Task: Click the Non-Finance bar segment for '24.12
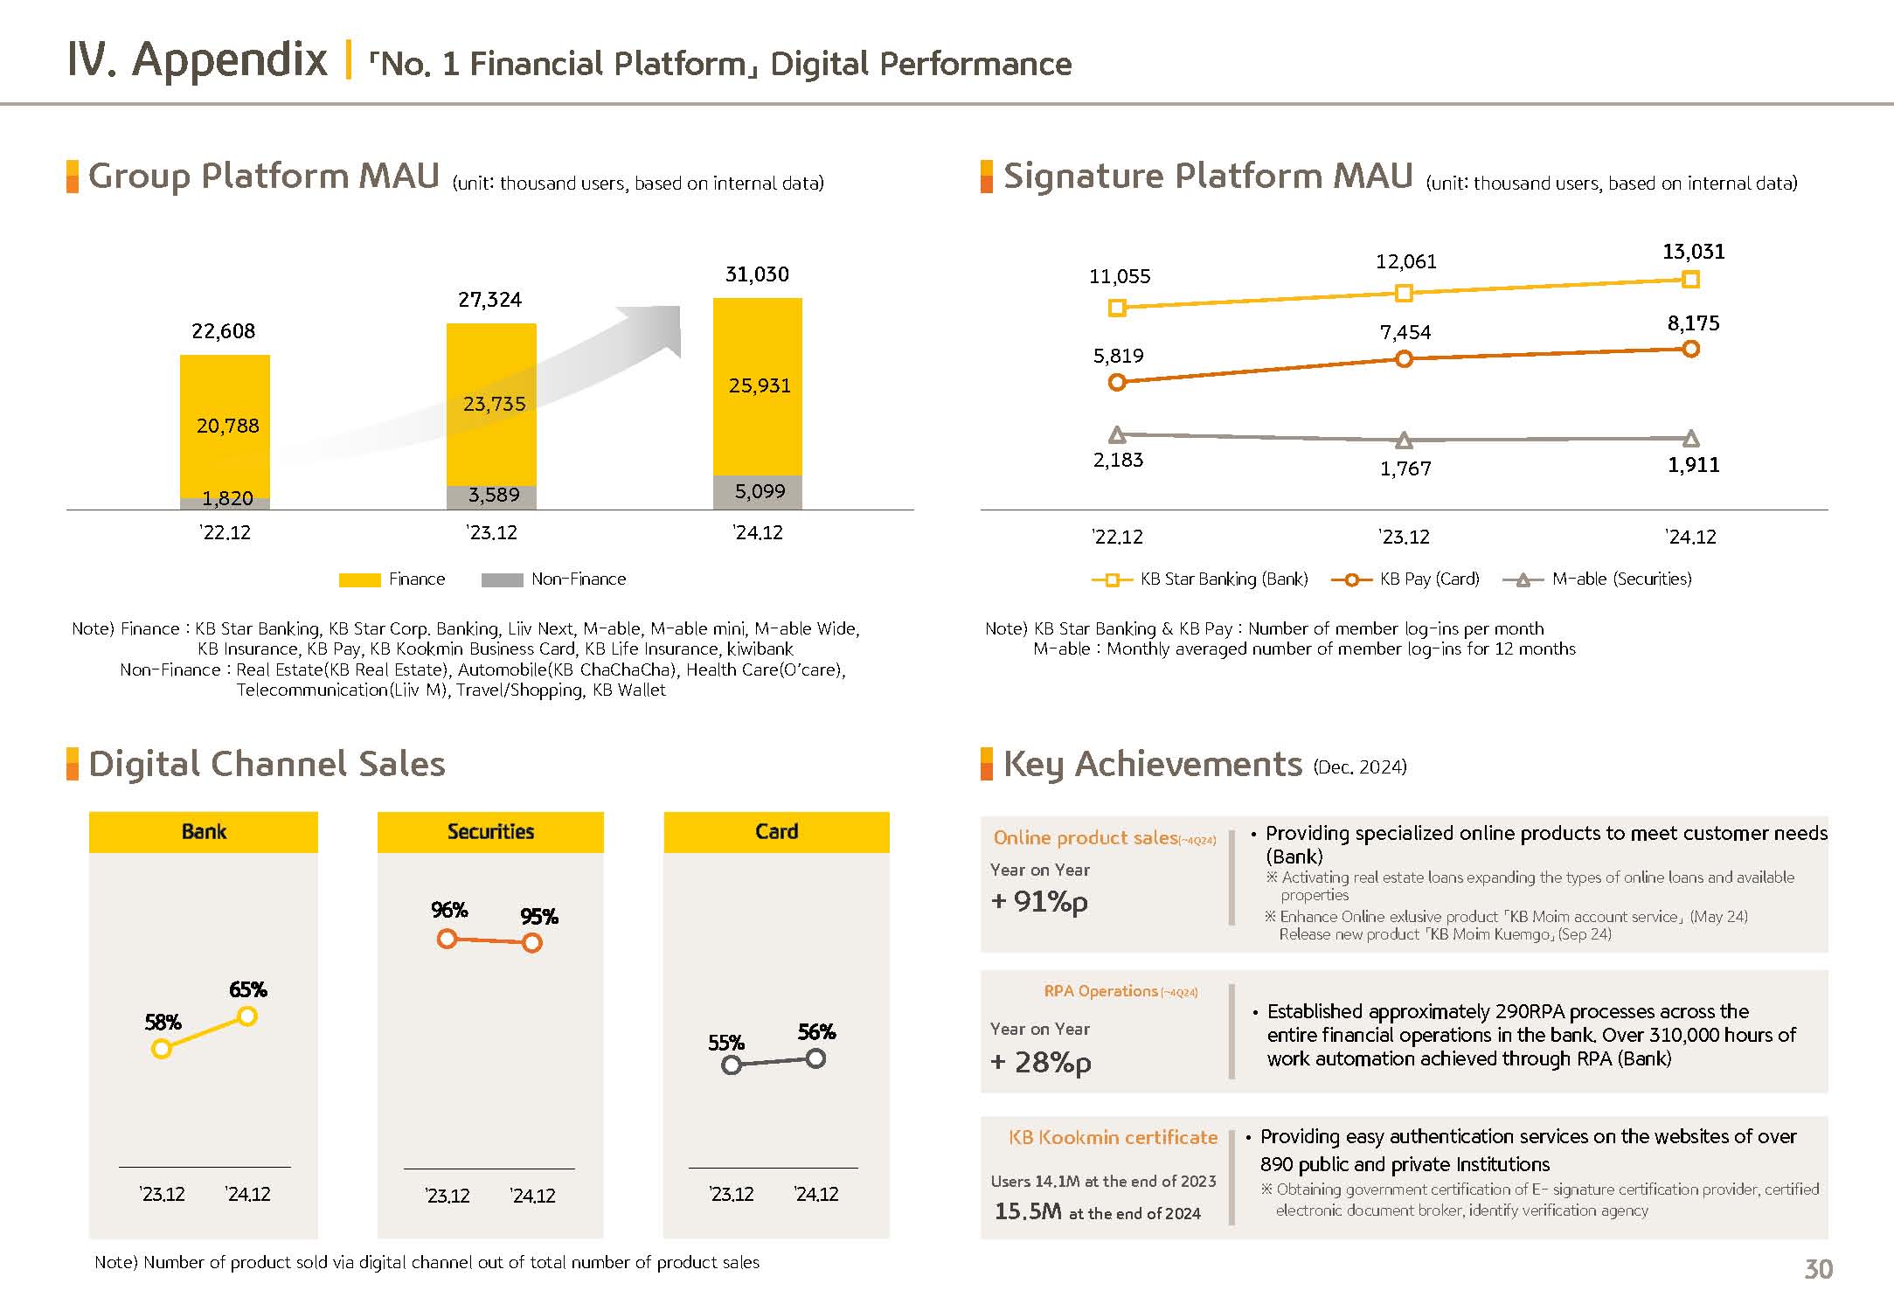[757, 492]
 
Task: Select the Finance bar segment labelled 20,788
[225, 426]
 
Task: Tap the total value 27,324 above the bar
[489, 300]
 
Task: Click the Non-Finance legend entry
[553, 579]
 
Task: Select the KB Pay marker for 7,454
[1404, 358]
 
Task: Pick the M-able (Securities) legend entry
[1597, 579]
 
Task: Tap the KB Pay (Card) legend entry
[1405, 579]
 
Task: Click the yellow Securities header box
[490, 832]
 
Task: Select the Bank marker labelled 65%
[247, 1016]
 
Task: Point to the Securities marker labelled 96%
[447, 940]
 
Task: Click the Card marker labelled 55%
[732, 1065]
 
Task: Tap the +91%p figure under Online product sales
[1039, 902]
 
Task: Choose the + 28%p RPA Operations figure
[1040, 1063]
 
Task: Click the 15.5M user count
[1028, 1211]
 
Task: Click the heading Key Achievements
[1152, 765]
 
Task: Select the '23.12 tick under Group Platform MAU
[491, 533]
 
